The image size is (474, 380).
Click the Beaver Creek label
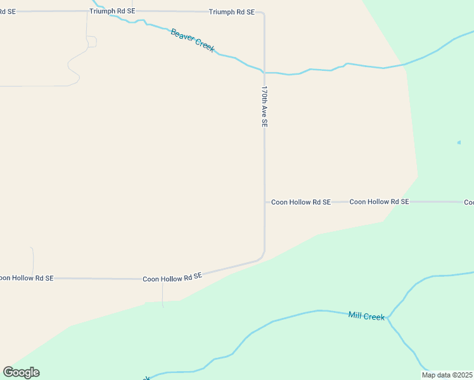coord(193,40)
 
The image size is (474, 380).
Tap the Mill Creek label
coord(366,315)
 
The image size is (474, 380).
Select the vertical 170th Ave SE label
coord(264,108)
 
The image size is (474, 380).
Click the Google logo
coord(21,372)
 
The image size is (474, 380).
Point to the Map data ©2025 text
coord(447,374)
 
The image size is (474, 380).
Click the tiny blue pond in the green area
coord(459,142)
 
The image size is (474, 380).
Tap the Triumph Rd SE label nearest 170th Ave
coord(232,12)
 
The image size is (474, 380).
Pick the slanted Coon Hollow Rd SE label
coord(172,277)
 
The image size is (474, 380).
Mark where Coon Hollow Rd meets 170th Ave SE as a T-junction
coord(265,202)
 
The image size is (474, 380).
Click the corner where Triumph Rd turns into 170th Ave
coord(263,13)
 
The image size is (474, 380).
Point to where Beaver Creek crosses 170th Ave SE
coord(264,72)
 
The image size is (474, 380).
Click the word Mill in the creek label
coord(355,314)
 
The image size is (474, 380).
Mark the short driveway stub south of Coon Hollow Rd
coord(163,294)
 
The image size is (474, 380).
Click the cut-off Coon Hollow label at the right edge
coord(469,202)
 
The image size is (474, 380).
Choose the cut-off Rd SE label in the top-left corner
coord(8,11)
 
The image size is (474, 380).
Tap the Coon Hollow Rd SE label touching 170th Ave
coord(301,202)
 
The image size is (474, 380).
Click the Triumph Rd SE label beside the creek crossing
coord(112,11)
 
